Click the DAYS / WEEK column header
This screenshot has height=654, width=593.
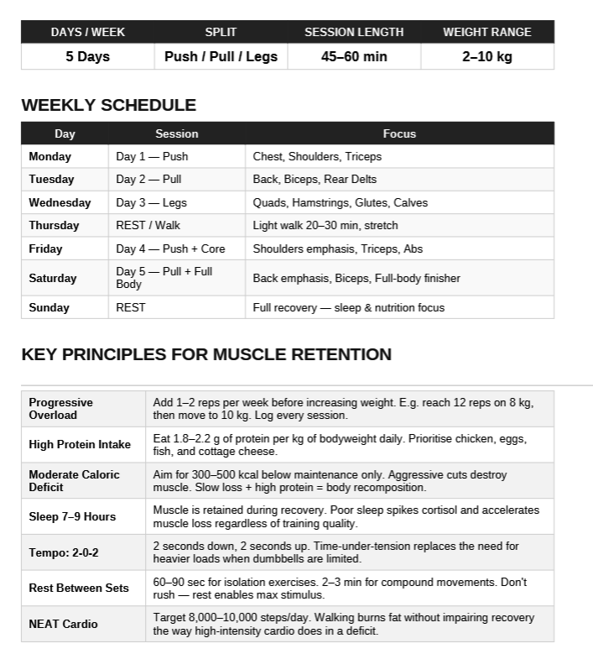click(x=87, y=32)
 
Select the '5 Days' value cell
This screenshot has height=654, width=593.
click(x=87, y=57)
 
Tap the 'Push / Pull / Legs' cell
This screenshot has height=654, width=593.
click(x=221, y=57)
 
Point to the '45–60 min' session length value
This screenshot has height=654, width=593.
click(x=353, y=57)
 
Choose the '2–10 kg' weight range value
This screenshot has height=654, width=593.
click(x=486, y=57)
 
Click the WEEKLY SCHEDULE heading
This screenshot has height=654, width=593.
click(x=108, y=105)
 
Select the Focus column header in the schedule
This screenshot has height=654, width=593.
click(x=399, y=133)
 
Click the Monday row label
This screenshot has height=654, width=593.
click(x=50, y=156)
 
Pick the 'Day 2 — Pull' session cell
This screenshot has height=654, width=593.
click(x=148, y=179)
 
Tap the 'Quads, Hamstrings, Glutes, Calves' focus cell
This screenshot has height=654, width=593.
click(x=340, y=202)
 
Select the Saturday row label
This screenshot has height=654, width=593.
click(x=52, y=278)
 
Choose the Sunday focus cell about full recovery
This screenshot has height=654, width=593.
click(x=348, y=307)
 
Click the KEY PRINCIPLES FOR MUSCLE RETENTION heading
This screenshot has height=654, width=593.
click(x=206, y=354)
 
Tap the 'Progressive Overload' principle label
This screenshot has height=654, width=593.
click(x=60, y=409)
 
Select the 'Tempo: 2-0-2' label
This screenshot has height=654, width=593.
click(x=65, y=552)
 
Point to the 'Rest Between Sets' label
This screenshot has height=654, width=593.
click(x=79, y=588)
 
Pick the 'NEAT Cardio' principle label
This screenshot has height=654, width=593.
click(x=63, y=624)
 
